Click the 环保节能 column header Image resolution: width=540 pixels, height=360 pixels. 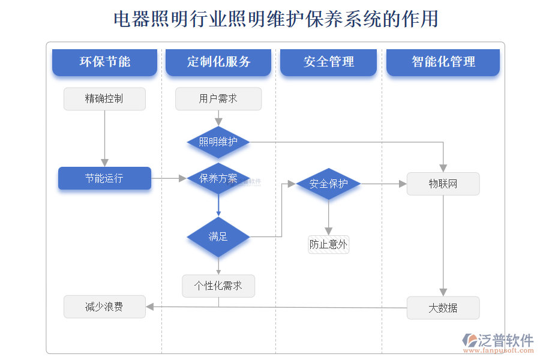click(x=104, y=62)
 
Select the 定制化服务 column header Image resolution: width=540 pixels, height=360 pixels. click(x=218, y=62)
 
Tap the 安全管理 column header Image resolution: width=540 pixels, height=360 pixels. click(x=328, y=62)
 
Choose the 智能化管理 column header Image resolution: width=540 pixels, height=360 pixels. click(x=443, y=62)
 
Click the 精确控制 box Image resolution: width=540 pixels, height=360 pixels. click(x=104, y=99)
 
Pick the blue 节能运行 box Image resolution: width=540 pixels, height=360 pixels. click(x=104, y=178)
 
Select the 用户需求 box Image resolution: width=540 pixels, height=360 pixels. click(x=218, y=99)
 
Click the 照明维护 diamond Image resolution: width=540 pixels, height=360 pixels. click(x=218, y=142)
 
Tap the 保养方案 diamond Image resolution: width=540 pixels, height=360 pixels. click(x=218, y=178)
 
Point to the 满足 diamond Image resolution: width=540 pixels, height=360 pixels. click(x=218, y=237)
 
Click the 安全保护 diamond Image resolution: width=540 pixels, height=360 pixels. click(x=328, y=184)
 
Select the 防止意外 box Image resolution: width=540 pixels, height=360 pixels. click(x=328, y=244)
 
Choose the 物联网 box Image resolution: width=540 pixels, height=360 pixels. click(x=443, y=184)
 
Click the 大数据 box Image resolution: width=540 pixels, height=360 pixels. click(x=443, y=308)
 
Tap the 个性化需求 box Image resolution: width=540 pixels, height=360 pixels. click(x=218, y=286)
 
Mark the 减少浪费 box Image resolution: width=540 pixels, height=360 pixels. click(x=104, y=307)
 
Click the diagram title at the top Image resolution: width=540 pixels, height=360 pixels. click(x=275, y=19)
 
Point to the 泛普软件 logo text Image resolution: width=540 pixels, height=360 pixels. click(x=504, y=340)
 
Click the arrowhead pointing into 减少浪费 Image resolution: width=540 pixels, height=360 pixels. click(x=150, y=307)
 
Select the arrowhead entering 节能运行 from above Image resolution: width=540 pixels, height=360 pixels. click(x=104, y=162)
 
